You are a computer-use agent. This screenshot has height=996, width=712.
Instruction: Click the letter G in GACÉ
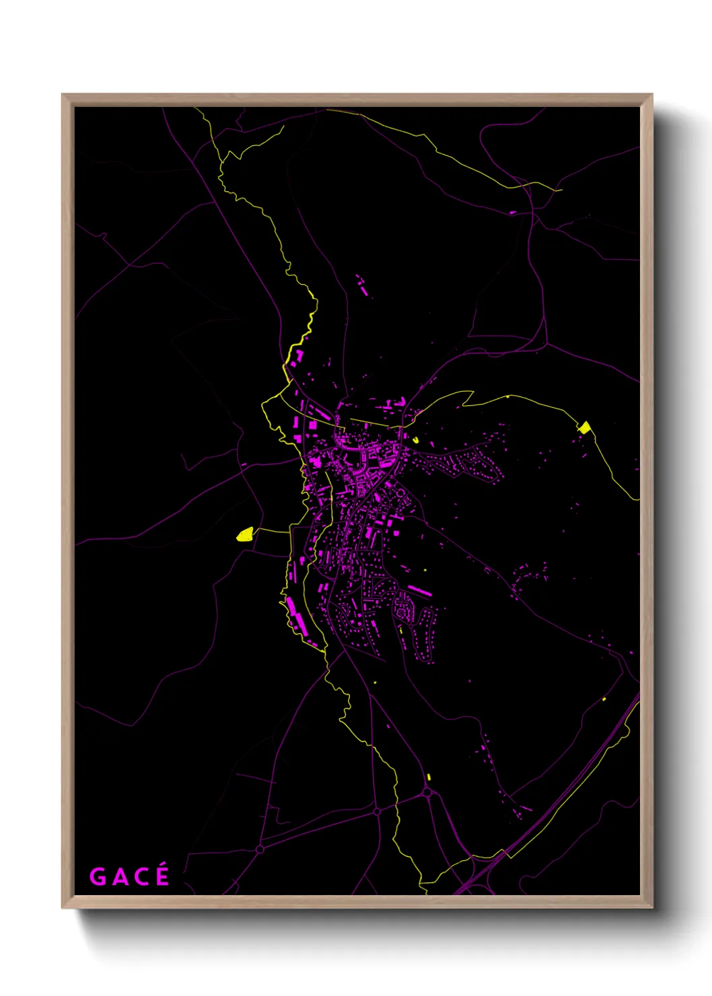point(98,877)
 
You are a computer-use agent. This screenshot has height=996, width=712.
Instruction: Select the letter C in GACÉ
point(139,877)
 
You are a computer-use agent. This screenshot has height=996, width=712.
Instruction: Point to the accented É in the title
point(162,876)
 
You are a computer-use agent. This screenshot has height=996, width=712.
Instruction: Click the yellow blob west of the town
point(244,534)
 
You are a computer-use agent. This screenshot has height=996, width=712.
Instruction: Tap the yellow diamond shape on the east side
point(585,427)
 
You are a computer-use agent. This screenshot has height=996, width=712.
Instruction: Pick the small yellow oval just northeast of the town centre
point(415,440)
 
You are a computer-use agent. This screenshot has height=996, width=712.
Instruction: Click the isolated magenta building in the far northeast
point(513,213)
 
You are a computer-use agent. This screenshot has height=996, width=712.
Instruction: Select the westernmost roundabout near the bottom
point(260,849)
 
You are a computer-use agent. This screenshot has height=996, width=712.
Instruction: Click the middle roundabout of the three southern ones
point(377,812)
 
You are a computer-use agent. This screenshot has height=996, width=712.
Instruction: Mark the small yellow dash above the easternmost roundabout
point(428,777)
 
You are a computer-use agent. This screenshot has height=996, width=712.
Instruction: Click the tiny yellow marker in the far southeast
point(604,700)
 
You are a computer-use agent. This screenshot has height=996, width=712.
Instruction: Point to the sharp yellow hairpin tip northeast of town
point(471,391)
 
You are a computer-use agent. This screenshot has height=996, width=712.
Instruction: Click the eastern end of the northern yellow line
point(561,190)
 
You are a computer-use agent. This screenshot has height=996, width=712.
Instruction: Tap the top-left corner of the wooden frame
point(63,95)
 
